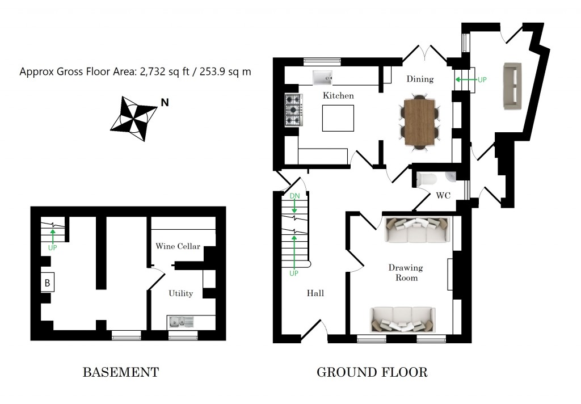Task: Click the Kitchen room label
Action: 338,95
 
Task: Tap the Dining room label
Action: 420,79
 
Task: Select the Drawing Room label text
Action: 406,272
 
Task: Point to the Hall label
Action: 315,293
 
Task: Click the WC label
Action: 443,196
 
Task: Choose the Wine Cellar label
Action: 178,246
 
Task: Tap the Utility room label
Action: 180,293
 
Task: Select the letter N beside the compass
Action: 165,103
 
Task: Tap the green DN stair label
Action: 294,196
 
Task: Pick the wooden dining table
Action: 419,123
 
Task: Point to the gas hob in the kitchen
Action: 292,110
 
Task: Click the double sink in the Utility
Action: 181,322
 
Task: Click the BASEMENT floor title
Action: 120,372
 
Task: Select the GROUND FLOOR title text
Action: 372,372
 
